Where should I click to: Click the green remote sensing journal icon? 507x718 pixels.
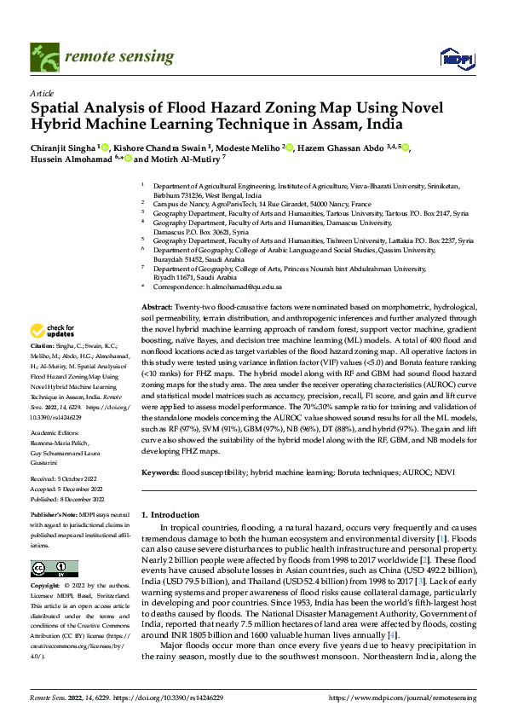coord(43,56)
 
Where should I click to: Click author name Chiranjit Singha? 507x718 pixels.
coord(64,148)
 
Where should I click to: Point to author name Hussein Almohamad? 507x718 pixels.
coord(72,159)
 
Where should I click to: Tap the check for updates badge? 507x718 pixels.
coord(53,331)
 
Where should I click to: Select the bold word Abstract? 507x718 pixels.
coord(156,305)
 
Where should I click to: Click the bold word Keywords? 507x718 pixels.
coord(160,472)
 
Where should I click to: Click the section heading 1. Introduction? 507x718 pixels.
coord(169,516)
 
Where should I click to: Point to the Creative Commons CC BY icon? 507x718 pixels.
coord(54,570)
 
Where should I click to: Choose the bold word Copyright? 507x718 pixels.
coord(46,587)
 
